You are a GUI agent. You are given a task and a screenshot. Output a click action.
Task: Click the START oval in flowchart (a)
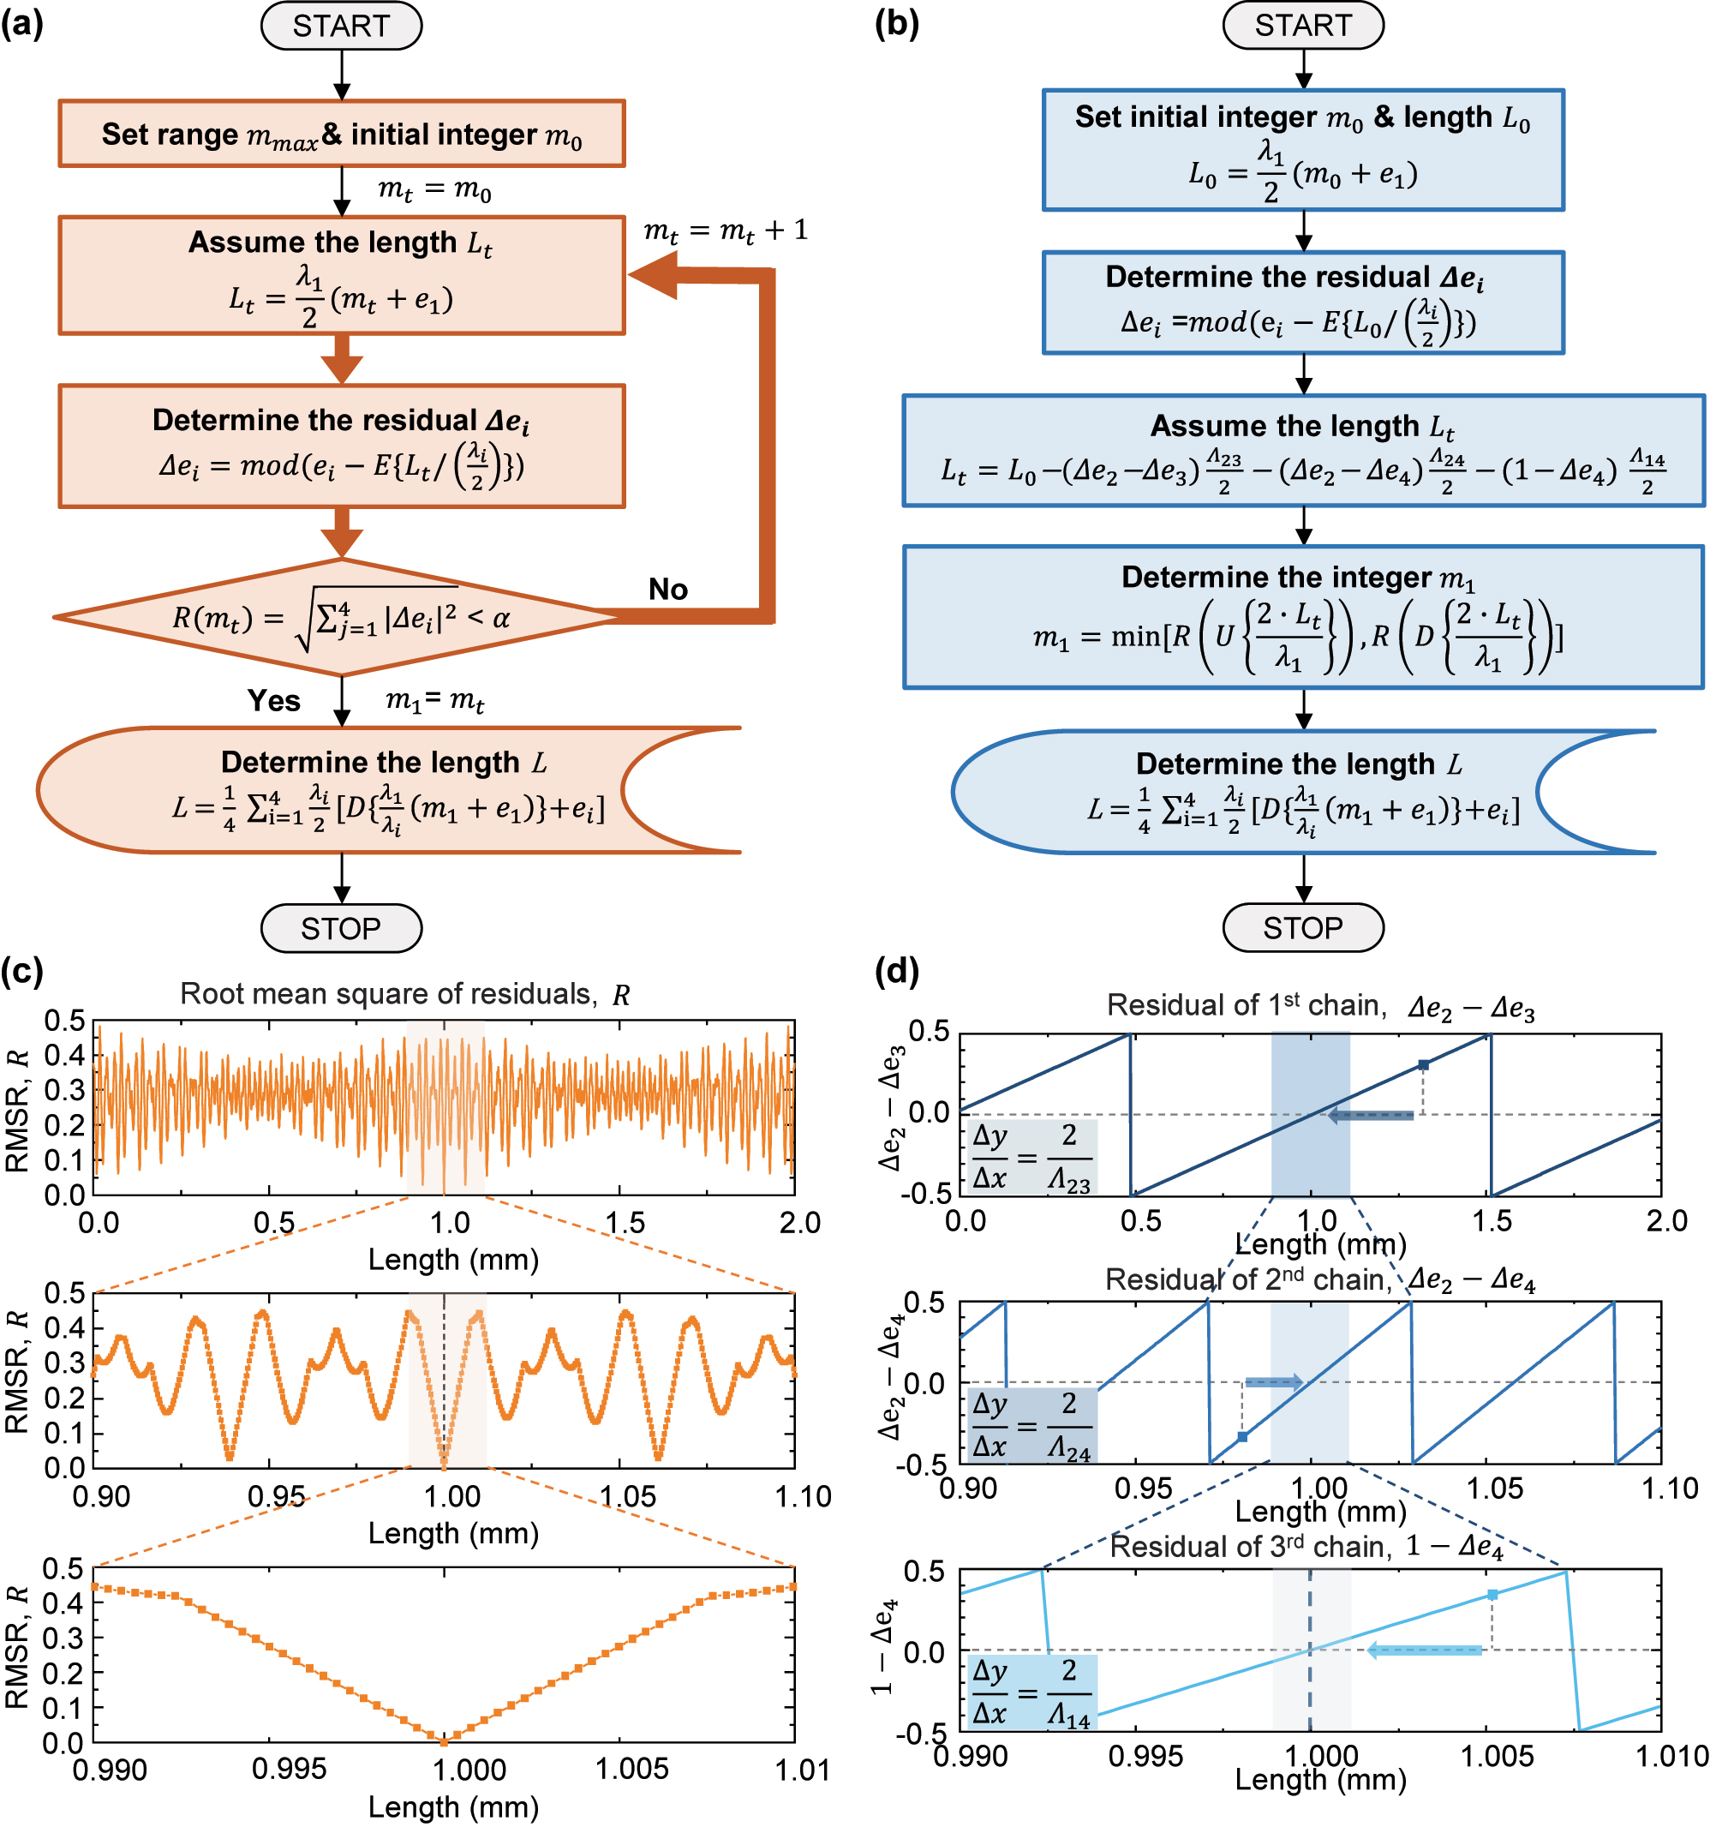click(341, 26)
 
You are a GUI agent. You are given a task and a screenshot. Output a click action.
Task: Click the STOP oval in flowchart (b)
click(1302, 928)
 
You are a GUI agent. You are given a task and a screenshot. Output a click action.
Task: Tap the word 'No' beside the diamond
click(668, 589)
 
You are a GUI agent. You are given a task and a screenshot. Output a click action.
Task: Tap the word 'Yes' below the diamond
click(274, 700)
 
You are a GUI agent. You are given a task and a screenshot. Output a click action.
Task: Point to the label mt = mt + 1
click(725, 230)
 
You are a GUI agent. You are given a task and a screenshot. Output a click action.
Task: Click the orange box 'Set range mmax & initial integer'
click(341, 135)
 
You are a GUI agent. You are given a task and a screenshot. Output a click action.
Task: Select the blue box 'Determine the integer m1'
click(1302, 617)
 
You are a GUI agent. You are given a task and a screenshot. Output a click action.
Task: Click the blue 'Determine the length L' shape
click(1302, 791)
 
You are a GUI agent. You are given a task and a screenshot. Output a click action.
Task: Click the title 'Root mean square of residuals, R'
click(404, 994)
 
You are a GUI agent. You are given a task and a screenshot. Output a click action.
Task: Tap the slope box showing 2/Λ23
click(1031, 1157)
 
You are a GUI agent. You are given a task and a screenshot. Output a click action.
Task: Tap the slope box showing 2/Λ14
click(1031, 1692)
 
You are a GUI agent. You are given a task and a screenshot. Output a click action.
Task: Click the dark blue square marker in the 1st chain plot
click(1423, 1064)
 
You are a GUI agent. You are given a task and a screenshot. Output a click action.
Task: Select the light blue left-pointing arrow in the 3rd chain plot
click(1424, 1650)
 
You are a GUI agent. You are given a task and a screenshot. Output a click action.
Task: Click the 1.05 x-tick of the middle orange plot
click(628, 1496)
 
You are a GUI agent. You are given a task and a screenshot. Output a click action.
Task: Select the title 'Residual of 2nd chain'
click(1318, 1279)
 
